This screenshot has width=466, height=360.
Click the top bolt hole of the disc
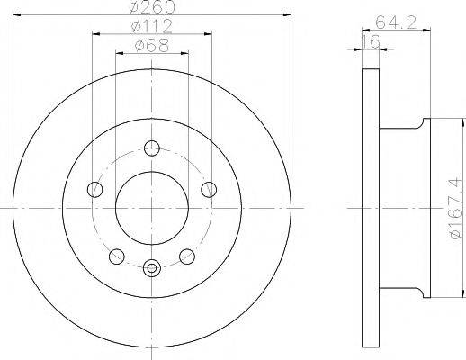pyautogui.click(x=152, y=148)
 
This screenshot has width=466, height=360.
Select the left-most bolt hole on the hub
pyautogui.click(x=94, y=189)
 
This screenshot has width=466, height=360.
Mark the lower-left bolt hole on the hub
pyautogui.click(x=115, y=256)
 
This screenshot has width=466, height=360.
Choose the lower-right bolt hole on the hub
pyautogui.click(x=189, y=256)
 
